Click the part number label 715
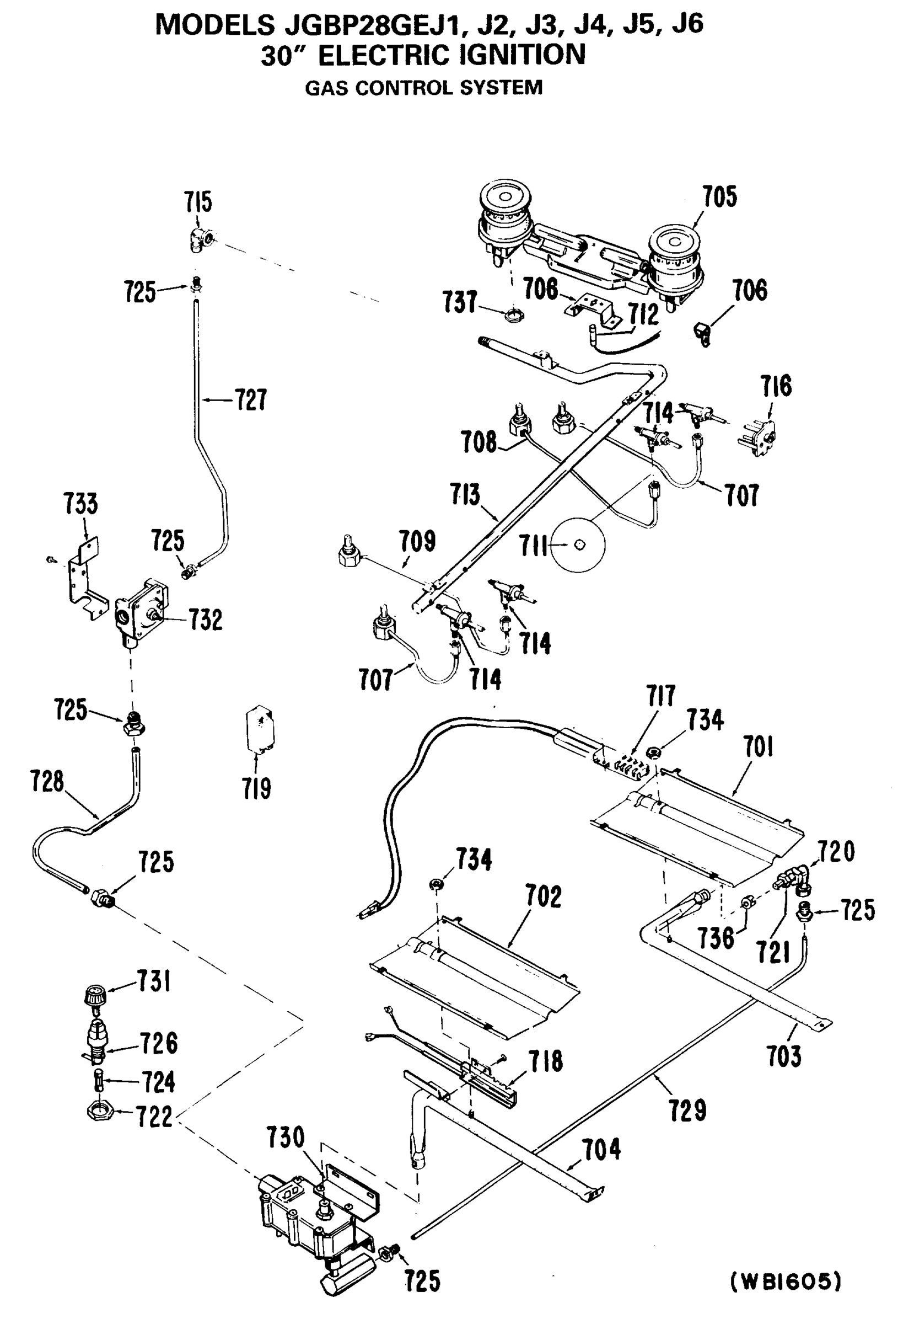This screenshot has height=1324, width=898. (x=197, y=202)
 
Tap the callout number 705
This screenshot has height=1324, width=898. (x=719, y=197)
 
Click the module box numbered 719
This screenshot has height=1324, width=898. (x=259, y=731)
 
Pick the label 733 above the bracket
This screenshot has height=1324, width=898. (x=80, y=504)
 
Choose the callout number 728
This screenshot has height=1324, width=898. (x=47, y=781)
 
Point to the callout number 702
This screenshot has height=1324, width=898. (x=542, y=896)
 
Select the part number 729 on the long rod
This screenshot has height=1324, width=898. (x=687, y=1110)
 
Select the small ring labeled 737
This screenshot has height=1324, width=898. (x=514, y=314)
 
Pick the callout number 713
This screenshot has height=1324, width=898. (x=465, y=494)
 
